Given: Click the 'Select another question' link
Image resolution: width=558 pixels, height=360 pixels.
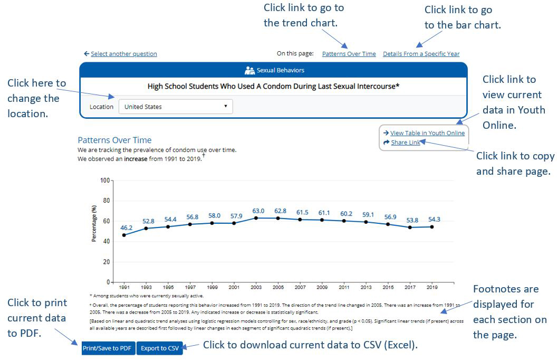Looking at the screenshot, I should click(123, 54).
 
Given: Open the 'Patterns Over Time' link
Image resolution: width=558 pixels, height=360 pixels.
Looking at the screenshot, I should click(349, 54).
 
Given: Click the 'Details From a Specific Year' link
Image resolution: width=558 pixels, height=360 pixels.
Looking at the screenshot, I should click(421, 54).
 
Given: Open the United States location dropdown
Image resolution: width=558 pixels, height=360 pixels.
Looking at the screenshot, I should click(176, 107).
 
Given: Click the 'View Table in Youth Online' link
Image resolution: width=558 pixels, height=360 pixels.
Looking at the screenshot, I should click(427, 133).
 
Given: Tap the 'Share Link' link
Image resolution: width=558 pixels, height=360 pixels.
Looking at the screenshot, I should click(405, 143).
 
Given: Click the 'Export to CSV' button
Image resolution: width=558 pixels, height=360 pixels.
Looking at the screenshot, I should click(159, 348).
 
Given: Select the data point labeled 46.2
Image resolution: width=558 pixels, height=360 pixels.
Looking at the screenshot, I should click(124, 235).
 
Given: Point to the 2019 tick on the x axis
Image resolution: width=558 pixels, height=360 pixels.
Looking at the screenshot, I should click(432, 288).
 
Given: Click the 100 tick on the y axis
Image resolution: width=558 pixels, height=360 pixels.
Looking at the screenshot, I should click(104, 181).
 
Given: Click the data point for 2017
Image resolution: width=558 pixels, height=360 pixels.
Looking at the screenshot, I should click(410, 228).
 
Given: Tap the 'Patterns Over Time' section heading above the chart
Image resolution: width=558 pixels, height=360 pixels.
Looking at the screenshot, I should click(114, 140).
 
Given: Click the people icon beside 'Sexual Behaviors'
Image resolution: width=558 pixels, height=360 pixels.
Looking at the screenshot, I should click(249, 70).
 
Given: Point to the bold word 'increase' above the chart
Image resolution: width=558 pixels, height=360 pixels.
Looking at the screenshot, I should click(136, 158).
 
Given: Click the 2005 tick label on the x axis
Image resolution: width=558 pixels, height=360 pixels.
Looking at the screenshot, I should click(278, 288).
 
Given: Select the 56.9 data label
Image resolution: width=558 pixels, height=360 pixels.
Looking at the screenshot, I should click(388, 217).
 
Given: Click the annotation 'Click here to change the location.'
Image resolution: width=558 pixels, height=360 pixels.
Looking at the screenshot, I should click(36, 98).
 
